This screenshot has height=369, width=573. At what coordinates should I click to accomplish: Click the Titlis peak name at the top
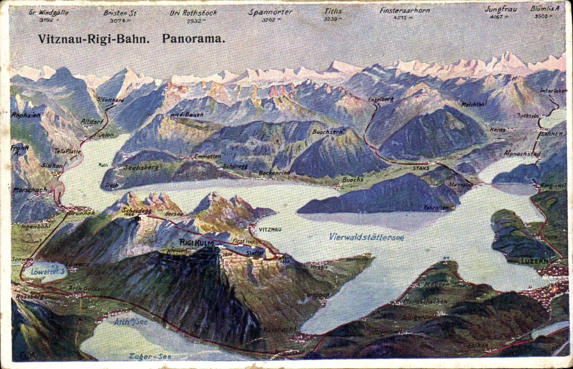coord(333,11)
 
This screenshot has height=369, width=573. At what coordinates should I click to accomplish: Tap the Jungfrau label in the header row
coord(501,9)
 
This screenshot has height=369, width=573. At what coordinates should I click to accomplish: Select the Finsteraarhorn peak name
coord(405,11)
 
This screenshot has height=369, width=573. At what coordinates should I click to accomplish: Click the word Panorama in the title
coord(194,38)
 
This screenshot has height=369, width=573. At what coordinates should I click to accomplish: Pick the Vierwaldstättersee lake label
coord(366,237)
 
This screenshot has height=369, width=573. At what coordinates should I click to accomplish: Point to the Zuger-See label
coord(149,357)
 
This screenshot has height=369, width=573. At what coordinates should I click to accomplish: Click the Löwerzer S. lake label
coord(48,271)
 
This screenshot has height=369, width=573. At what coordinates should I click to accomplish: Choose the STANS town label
coord(421,168)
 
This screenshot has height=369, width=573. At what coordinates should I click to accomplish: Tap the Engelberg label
coord(381,99)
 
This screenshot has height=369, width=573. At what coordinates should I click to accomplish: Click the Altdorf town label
coord(92,121)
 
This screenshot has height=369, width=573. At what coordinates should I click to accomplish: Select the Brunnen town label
coord(82,213)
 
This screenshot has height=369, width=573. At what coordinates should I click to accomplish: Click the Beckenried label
coord(274,172)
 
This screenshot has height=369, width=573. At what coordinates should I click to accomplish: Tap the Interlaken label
coord(553,91)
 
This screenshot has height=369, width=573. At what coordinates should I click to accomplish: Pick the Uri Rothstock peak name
coord(193,13)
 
